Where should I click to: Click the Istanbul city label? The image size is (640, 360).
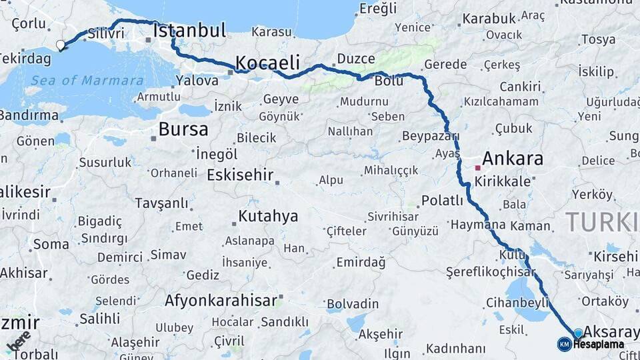coord(189,31)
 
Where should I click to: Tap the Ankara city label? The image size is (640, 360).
coord(512,159)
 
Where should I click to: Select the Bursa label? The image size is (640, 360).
coord(183,129)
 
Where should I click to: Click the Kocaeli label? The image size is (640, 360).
coord(267,63)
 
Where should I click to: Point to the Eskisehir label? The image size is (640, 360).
coord(241,175)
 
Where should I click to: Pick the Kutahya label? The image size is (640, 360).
coord(268,217)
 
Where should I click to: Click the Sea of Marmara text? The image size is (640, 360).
coord(87,81)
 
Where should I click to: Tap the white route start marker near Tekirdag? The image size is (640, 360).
coord(61,45)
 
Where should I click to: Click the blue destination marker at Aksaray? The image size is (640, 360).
coord(578,333)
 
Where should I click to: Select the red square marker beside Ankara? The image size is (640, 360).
coord(477,168)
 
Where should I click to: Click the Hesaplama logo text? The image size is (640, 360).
coord(598,345)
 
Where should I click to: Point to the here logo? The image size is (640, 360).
coord(18,340)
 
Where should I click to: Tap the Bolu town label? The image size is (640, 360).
coord(389,81)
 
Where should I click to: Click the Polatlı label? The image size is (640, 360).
coord(442,201)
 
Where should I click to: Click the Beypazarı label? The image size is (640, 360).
coord(431,136)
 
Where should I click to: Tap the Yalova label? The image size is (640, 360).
coord(197,81)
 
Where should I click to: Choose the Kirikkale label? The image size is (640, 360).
coord(508,181)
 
